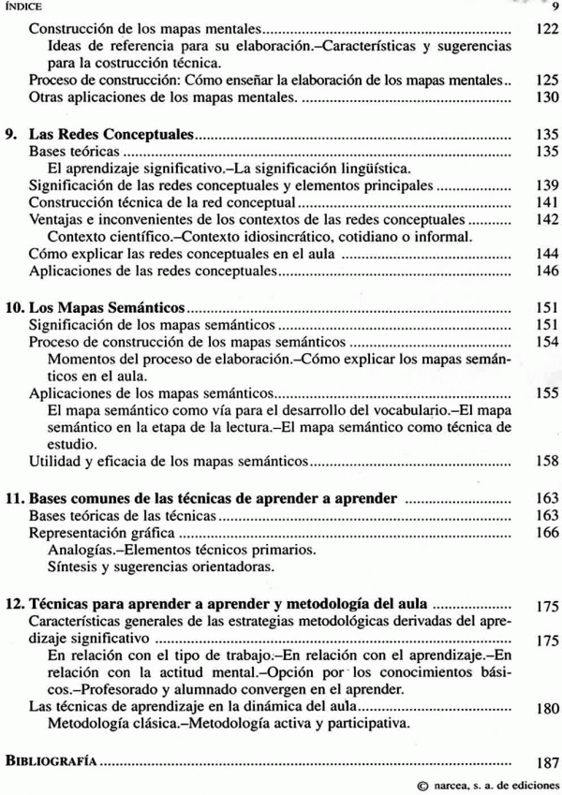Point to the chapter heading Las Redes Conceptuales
(x=112, y=134)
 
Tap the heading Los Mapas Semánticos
(x=111, y=307)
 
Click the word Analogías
(x=82, y=551)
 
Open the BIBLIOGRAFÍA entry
(x=51, y=761)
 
